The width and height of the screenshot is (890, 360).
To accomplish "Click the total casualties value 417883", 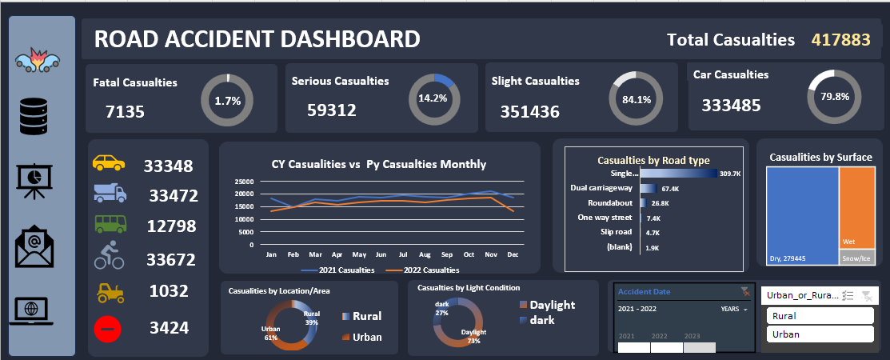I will [840, 39].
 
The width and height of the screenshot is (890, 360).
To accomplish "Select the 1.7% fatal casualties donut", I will [227, 101].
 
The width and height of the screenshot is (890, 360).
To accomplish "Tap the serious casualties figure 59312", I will [332, 110].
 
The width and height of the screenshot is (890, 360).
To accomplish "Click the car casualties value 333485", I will [732, 105].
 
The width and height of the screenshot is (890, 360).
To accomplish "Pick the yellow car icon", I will [110, 162].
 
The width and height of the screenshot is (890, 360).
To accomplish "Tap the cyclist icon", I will [110, 256].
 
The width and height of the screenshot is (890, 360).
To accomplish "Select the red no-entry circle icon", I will [110, 327].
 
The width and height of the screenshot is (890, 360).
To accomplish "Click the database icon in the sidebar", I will [35, 117].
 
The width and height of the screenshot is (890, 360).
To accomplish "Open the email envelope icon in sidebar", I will [34, 249].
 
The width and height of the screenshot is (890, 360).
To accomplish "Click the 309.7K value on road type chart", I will [729, 174].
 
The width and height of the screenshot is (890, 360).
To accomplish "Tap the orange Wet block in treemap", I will [857, 204].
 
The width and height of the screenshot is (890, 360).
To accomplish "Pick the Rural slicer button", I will [820, 315].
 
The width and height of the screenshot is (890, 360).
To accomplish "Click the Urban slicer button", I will [820, 334].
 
